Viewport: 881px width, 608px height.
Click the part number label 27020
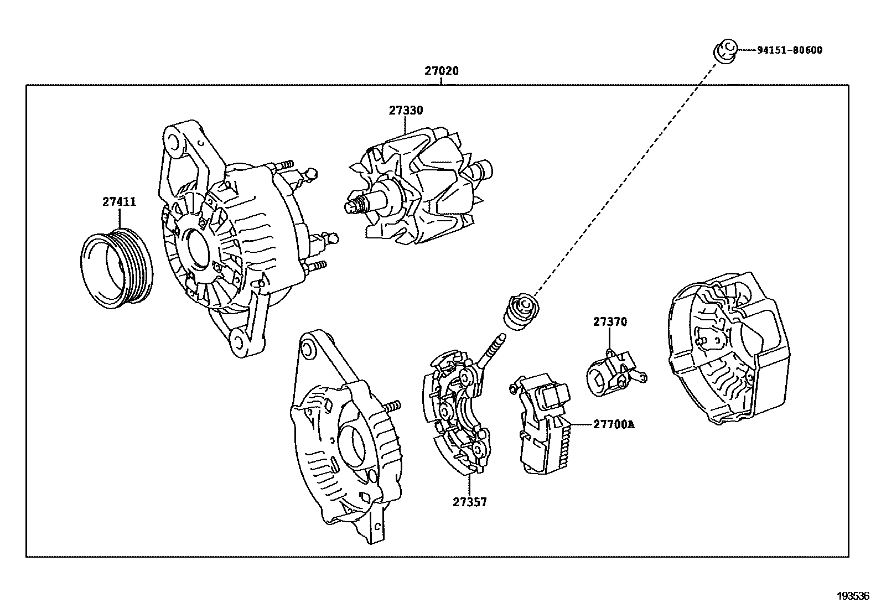[x=442, y=71]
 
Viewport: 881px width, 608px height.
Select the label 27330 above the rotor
[x=405, y=110]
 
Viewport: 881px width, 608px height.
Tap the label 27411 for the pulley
[x=119, y=202]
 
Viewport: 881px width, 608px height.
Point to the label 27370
[x=610, y=321]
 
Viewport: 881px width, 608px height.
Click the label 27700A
[x=614, y=425]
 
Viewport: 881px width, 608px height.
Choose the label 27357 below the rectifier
[x=470, y=502]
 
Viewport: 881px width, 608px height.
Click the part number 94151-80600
[x=789, y=50]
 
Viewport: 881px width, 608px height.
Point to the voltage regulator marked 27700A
[x=542, y=426]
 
